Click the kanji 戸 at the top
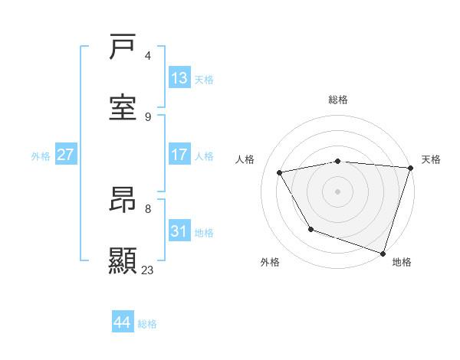pyautogui.click(x=123, y=47)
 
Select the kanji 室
pyautogui.click(x=123, y=107)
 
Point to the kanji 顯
pyautogui.click(x=123, y=260)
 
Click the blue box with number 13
pyautogui.click(x=179, y=77)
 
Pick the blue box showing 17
pyautogui.click(x=179, y=155)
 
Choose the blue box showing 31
pyautogui.click(x=179, y=231)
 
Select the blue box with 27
pyautogui.click(x=65, y=155)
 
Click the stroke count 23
pyautogui.click(x=148, y=270)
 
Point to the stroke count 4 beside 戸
pyautogui.click(x=148, y=56)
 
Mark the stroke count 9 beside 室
pyautogui.click(x=148, y=116)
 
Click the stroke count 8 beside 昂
pyautogui.click(x=148, y=208)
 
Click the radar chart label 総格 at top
pyautogui.click(x=338, y=100)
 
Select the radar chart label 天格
pyautogui.click(x=431, y=159)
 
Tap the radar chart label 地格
pyautogui.click(x=402, y=262)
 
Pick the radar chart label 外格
pyautogui.click(x=270, y=262)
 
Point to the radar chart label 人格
pyautogui.click(x=246, y=159)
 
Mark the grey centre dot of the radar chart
pyautogui.click(x=337, y=191)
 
